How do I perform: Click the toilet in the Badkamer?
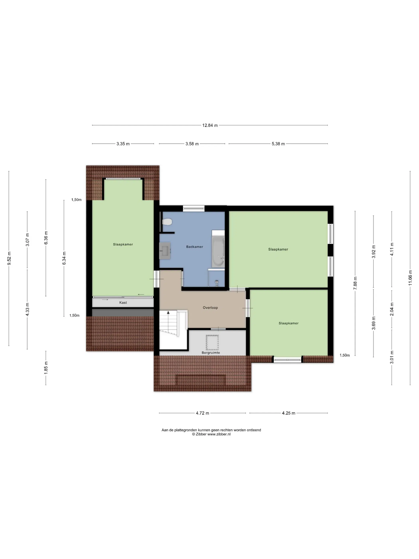tap(167, 222)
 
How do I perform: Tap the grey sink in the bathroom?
tap(165, 250)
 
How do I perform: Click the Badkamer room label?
tap(195, 247)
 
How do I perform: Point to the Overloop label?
tap(210, 308)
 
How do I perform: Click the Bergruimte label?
tap(211, 353)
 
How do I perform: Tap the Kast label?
tap(123, 302)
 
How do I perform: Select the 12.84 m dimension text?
tap(210, 125)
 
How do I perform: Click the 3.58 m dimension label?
tap(192, 144)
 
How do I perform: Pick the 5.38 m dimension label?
tap(278, 144)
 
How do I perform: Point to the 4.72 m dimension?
tap(202, 413)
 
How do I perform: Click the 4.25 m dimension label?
tap(289, 413)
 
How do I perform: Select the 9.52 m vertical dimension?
tap(9, 259)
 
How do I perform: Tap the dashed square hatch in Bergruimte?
tap(212, 342)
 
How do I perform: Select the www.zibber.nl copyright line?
tap(211, 434)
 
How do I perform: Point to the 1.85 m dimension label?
tap(46, 368)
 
